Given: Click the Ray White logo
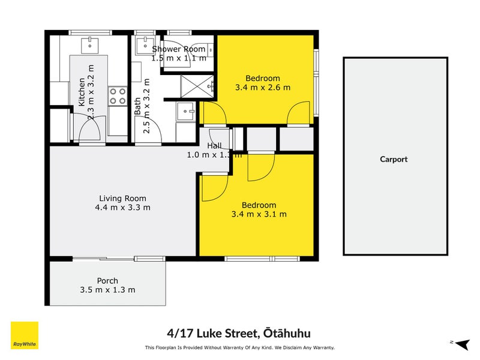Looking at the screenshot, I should pyautogui.click(x=25, y=335).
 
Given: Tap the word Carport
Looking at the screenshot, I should pyautogui.click(x=394, y=159).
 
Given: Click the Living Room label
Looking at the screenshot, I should pyautogui.click(x=122, y=199).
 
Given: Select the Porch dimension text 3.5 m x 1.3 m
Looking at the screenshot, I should pyautogui.click(x=107, y=290).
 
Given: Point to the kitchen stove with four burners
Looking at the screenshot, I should pyautogui.click(x=117, y=96).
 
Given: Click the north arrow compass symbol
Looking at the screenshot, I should pyautogui.click(x=461, y=343).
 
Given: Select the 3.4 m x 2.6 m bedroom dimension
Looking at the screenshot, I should pyautogui.click(x=262, y=88).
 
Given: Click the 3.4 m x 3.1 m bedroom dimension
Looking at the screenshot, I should pyautogui.click(x=259, y=214).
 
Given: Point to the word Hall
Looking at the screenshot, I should pyautogui.click(x=214, y=146).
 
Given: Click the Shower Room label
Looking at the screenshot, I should pyautogui.click(x=179, y=49).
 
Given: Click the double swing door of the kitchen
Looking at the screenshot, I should pyautogui.click(x=89, y=128).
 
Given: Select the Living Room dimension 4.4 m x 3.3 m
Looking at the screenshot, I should pyautogui.click(x=122, y=208).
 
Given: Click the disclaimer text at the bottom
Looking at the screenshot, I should pyautogui.click(x=239, y=347).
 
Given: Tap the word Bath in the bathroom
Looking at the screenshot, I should pyautogui.click(x=137, y=106).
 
